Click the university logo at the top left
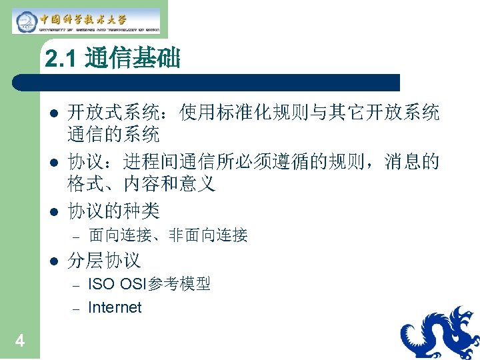click(87, 20)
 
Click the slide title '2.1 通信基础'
click(113, 60)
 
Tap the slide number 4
click(20, 341)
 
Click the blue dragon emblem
click(440, 333)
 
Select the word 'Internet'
click(115, 307)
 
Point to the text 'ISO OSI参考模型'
click(149, 285)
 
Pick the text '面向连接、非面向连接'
click(168, 235)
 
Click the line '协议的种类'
click(113, 211)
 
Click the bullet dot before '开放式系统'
click(55, 113)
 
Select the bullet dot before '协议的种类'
click(55, 212)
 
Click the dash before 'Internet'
click(76, 308)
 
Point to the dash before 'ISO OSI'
click(76, 285)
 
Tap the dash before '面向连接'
click(76, 235)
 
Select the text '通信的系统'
click(113, 135)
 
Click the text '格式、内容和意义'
click(141, 184)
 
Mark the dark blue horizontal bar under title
click(207, 82)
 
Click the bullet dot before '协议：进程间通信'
click(55, 162)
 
